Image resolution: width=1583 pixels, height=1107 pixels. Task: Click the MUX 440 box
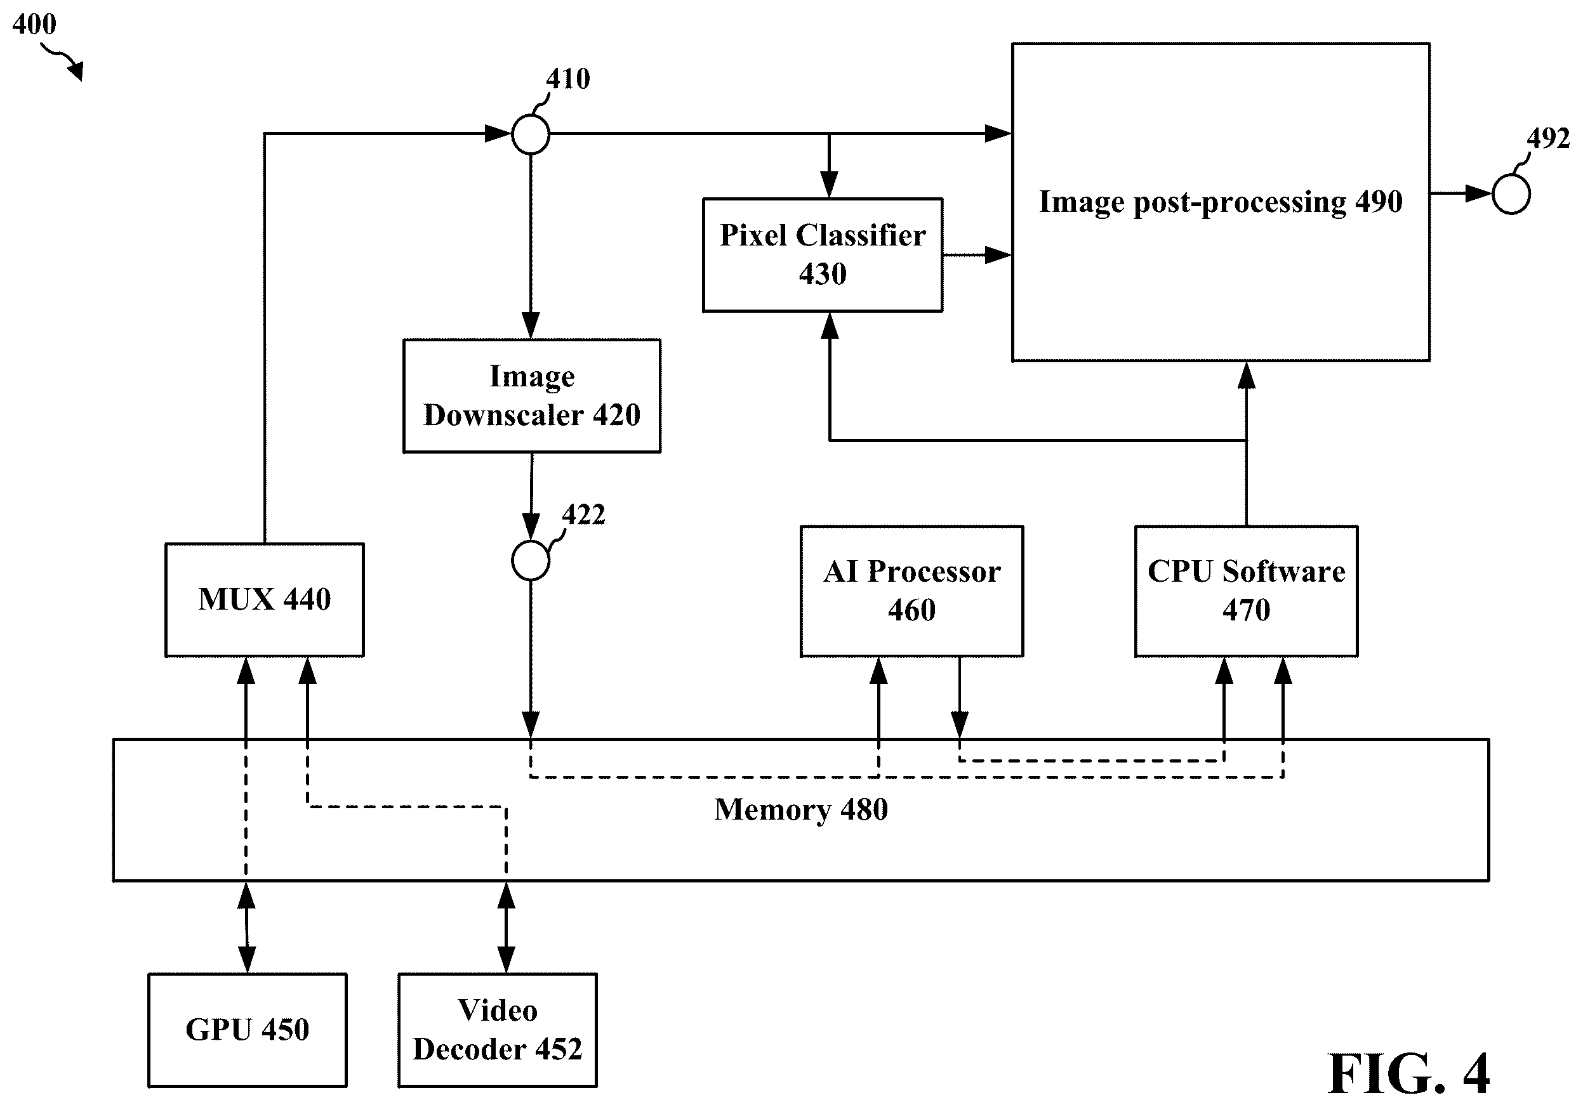point(264,599)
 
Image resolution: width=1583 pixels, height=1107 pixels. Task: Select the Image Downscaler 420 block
point(531,396)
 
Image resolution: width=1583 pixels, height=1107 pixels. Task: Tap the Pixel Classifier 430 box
point(823,255)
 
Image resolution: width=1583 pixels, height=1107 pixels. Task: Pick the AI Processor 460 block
point(911,591)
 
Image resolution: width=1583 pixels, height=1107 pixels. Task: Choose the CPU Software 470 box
point(1246,591)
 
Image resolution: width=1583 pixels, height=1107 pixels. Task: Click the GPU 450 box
point(248,1030)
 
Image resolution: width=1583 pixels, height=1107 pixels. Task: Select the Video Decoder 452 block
point(497,1030)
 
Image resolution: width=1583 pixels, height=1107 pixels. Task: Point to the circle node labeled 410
point(530,134)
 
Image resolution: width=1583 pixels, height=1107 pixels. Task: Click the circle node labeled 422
point(530,560)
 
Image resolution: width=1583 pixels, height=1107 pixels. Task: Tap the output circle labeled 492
point(1511,193)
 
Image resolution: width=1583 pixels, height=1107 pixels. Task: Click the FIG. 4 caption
point(1408,1074)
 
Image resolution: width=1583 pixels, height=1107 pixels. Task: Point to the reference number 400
point(34,24)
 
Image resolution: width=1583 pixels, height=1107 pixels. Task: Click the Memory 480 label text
point(800,809)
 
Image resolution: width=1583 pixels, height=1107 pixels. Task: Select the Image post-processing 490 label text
point(1221,202)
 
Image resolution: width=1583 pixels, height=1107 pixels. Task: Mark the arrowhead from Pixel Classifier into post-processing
point(998,255)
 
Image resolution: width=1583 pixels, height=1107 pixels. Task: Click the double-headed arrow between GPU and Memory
point(246,927)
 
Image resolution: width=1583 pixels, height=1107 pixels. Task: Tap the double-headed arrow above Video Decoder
point(506,927)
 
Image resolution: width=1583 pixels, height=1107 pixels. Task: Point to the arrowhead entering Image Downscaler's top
point(530,325)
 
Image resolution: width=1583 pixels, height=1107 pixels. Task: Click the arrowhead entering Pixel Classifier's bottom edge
point(830,325)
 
